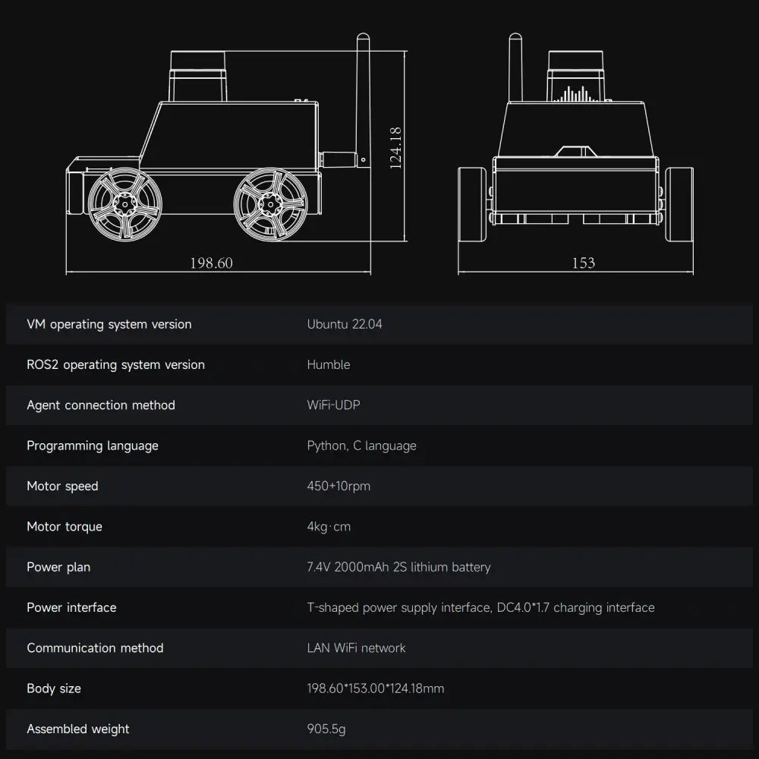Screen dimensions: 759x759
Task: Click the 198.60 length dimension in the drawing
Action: point(211,263)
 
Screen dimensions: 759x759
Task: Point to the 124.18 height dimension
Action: point(395,148)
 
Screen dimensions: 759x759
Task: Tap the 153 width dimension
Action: point(583,263)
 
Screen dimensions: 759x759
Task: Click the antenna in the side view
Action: point(363,101)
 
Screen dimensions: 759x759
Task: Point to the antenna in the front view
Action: point(515,68)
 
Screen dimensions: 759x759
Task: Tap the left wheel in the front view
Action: point(472,204)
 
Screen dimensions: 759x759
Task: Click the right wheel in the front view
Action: point(679,204)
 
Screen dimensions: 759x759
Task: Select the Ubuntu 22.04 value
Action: point(345,324)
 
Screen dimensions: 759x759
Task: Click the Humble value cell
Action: point(329,364)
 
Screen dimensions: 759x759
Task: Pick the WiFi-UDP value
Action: point(333,405)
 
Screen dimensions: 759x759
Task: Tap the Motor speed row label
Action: point(62,487)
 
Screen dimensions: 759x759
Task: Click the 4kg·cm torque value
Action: point(329,527)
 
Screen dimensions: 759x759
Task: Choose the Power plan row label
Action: point(58,567)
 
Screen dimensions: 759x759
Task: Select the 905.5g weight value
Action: point(326,729)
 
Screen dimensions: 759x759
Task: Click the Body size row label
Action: point(54,689)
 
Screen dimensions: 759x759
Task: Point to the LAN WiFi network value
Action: point(356,648)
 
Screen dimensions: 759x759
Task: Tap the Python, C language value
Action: point(361,446)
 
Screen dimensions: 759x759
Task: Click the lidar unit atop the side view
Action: point(198,76)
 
